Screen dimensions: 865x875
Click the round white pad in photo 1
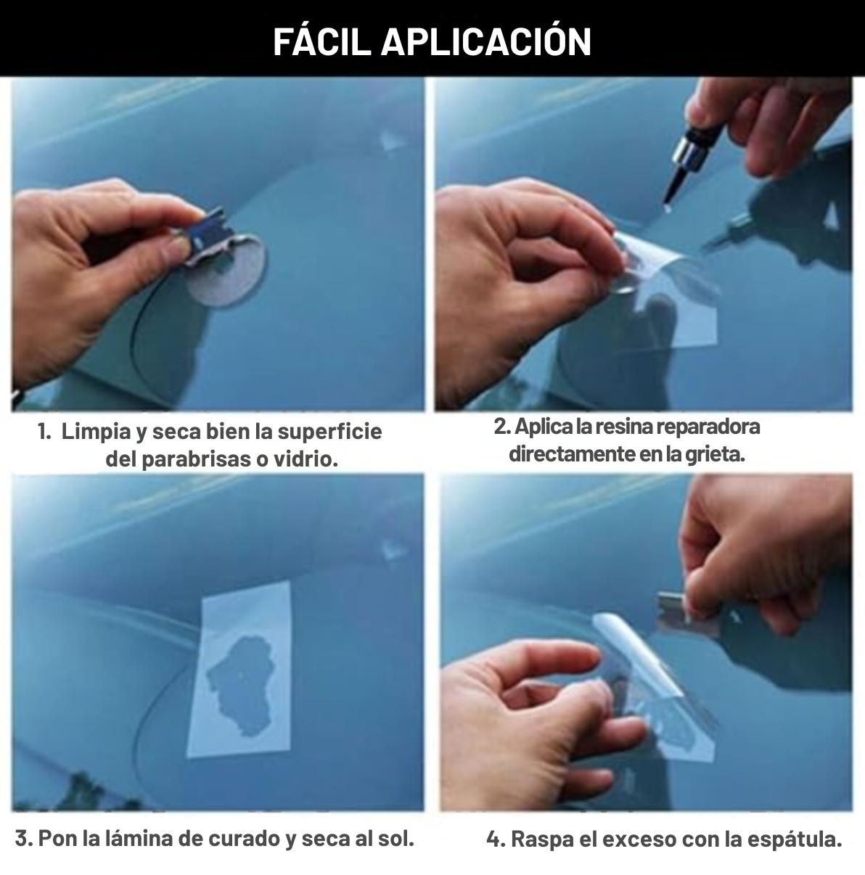click(227, 271)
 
